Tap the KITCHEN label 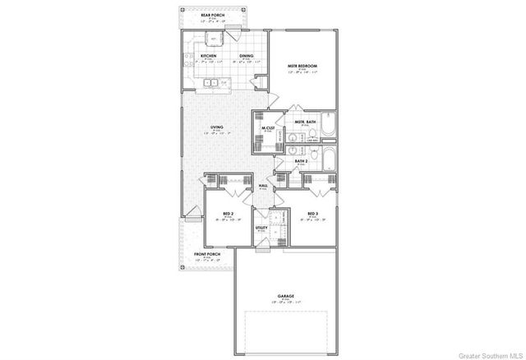click(x=209, y=56)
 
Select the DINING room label click(x=247, y=56)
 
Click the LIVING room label click(x=217, y=127)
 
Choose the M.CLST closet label click(x=268, y=127)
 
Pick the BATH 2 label click(x=302, y=161)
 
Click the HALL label click(x=264, y=186)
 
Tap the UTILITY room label click(x=261, y=227)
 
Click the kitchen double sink click(x=210, y=82)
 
